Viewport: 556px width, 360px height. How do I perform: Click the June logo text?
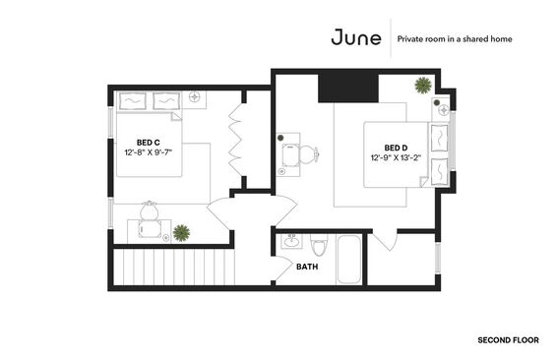tap(356, 37)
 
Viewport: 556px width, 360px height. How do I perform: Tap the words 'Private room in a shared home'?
tap(455, 39)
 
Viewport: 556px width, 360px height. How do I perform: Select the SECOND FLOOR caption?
tap(508, 340)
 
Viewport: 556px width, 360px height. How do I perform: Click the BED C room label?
tap(149, 143)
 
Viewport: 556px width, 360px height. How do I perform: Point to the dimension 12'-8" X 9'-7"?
tap(149, 152)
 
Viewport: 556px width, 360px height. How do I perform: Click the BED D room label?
tap(396, 148)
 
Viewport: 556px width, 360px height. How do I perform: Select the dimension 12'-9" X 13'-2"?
tap(396, 157)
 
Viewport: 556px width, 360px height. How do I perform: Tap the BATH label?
tap(307, 267)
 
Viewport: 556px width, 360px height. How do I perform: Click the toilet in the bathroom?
tap(319, 244)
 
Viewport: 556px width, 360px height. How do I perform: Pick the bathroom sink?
tap(292, 241)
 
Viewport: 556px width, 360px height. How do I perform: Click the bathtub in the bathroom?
tap(349, 260)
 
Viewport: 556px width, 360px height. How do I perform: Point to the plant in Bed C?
tap(181, 233)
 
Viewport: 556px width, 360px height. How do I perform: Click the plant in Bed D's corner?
tap(423, 86)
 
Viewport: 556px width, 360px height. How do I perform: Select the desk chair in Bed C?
tap(150, 210)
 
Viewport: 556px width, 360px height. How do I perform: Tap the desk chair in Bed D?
tap(308, 154)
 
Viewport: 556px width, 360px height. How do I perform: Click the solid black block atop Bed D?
tap(348, 87)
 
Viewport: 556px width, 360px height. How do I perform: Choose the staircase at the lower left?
tap(174, 267)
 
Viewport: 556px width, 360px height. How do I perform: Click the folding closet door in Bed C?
tap(235, 140)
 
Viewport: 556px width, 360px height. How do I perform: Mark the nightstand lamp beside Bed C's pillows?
tap(194, 96)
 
